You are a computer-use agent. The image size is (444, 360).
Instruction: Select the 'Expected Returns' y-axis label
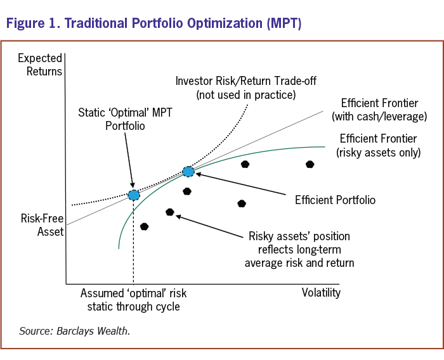(40, 65)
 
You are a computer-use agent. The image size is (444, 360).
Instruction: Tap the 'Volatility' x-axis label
(321, 292)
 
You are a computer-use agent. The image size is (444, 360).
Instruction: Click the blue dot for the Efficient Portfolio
(188, 171)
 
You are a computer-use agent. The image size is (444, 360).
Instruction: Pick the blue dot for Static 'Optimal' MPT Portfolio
(133, 195)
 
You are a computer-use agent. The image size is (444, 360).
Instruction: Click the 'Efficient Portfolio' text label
(335, 200)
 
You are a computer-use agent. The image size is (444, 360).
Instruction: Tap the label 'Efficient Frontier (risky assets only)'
(380, 145)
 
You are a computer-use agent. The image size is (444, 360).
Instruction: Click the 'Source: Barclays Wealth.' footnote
(74, 330)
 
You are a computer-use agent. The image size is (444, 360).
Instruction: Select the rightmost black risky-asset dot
(310, 164)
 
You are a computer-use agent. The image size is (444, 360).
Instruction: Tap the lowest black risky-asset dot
(145, 226)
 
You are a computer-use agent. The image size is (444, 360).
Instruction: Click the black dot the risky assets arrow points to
(169, 212)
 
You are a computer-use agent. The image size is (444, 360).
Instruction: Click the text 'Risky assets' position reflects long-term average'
(299, 249)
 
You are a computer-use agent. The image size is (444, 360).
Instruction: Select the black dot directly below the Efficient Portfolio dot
(187, 191)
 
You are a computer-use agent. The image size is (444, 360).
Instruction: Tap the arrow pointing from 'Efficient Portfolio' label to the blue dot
(241, 185)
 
